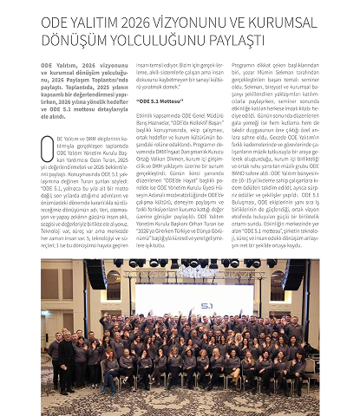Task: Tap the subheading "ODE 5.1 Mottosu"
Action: click(x=165, y=101)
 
